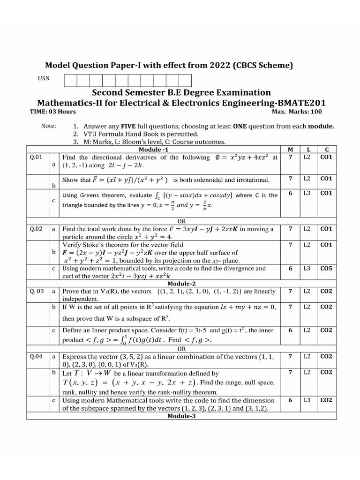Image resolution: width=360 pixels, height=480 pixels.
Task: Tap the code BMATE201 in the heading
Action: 302,102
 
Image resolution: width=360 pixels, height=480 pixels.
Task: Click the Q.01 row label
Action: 36,157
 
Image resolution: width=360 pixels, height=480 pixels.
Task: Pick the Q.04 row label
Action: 36,356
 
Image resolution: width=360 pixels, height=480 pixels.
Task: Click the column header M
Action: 291,149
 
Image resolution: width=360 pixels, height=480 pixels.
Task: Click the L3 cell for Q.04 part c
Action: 307,400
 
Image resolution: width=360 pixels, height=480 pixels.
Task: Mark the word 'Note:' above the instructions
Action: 48,126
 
